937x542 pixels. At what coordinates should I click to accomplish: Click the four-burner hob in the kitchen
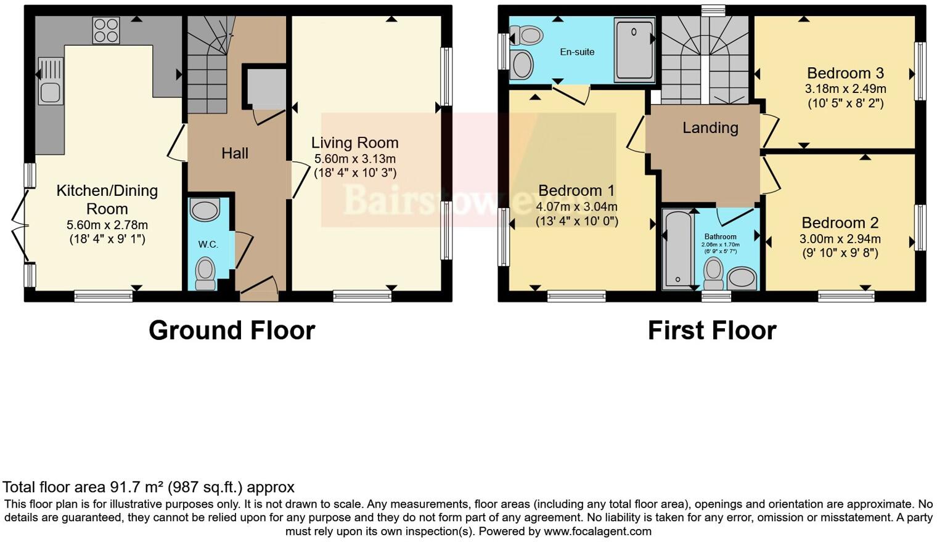pos(106,30)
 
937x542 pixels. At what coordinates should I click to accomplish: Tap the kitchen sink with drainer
pos(51,81)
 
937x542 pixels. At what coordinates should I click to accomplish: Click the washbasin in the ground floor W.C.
pos(205,210)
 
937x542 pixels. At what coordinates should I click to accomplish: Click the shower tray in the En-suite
pos(634,49)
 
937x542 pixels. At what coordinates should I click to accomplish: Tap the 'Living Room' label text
pos(354,143)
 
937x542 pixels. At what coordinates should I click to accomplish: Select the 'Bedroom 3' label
pos(845,73)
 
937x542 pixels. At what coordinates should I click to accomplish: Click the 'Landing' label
pos(710,127)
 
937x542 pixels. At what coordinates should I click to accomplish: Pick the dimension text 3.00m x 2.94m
pos(840,239)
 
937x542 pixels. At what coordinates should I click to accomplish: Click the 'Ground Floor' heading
pos(232,331)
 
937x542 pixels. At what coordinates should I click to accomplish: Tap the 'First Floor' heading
pos(711,331)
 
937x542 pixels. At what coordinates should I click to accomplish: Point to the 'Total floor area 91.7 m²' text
pos(148,487)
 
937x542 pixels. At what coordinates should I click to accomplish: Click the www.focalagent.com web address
pos(597,531)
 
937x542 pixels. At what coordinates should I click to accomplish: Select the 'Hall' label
pos(235,153)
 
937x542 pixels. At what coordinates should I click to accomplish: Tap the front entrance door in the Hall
pos(259,289)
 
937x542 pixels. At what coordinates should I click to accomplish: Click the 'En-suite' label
pos(577,52)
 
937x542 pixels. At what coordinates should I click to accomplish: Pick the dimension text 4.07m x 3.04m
pos(576,206)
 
